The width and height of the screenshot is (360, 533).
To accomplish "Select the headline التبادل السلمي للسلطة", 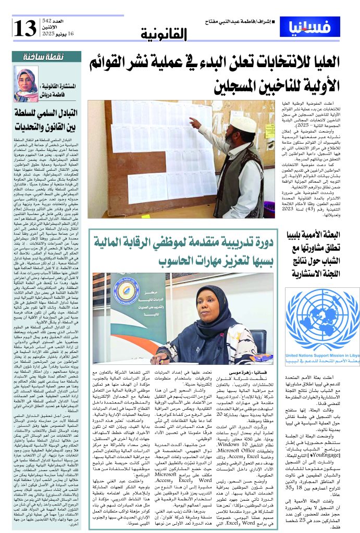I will click(46, 111).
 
